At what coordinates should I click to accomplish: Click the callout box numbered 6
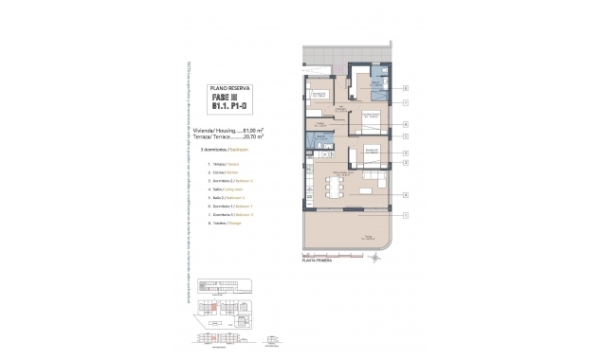pos(405,86)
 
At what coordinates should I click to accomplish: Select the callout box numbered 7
pos(405,101)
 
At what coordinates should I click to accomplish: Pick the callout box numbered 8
pos(405,124)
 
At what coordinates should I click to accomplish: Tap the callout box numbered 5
pos(405,136)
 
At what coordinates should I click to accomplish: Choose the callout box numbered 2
pos(405,162)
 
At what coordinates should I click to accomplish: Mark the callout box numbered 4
pos(405,195)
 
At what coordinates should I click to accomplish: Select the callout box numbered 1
pos(405,216)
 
